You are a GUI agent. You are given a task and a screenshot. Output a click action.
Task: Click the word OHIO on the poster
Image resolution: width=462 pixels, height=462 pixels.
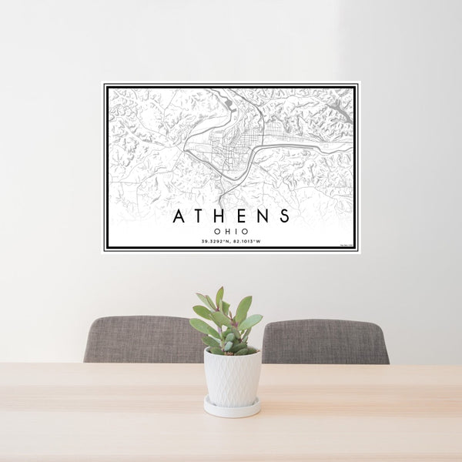[x=231, y=230]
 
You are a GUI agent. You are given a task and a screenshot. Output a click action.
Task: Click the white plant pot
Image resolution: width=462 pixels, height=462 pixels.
[x=232, y=377]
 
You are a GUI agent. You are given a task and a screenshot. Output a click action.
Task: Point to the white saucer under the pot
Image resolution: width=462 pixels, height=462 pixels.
[x=232, y=408]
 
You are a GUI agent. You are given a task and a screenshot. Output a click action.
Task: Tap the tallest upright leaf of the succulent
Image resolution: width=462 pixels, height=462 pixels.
[x=219, y=298]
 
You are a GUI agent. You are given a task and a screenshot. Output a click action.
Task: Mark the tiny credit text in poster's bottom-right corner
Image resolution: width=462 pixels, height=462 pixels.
[x=346, y=246]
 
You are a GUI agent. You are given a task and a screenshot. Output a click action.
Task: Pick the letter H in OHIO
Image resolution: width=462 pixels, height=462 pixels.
[x=226, y=230]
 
